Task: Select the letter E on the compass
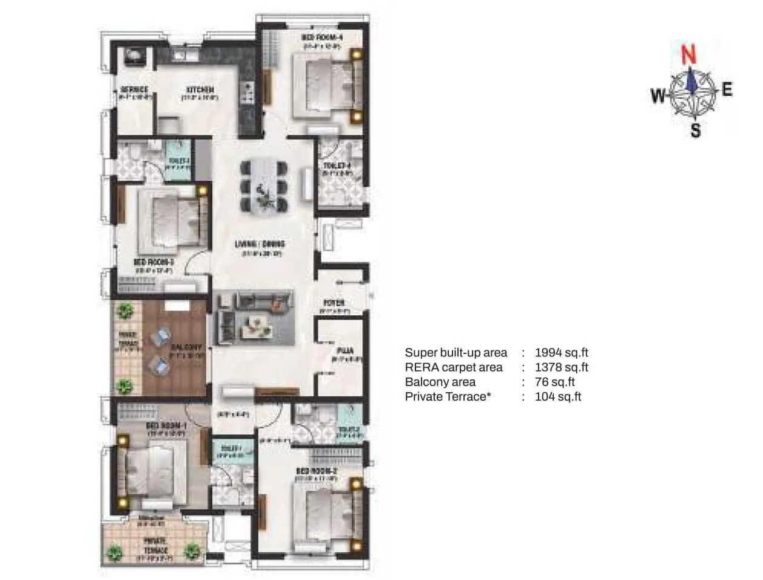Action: point(727,90)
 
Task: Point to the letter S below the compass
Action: point(696,130)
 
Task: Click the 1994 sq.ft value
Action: point(562,352)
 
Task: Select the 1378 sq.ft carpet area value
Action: point(562,367)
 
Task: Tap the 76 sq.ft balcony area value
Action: point(554,382)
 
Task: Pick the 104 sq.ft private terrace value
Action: point(558,397)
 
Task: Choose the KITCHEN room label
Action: point(200,90)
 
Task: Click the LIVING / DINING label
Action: point(260,244)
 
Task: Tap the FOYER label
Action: point(334,302)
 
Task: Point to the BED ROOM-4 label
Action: point(317,38)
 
